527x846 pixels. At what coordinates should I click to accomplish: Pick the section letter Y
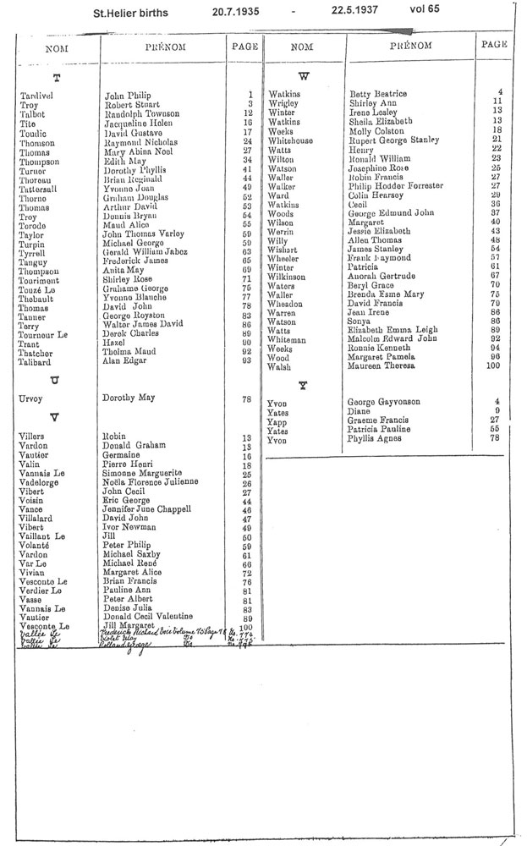tap(302, 386)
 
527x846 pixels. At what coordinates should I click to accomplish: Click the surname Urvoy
tap(33, 397)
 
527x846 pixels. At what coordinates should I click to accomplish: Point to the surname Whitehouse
tap(290, 140)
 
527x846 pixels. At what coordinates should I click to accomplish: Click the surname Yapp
tap(277, 421)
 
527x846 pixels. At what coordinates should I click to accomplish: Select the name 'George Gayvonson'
tap(384, 401)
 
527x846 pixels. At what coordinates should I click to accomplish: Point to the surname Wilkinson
tap(288, 276)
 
